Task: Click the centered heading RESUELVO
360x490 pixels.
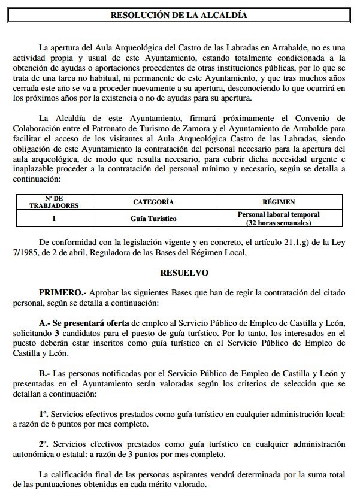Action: [x=184, y=273]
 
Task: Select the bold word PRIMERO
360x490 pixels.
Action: [x=62, y=292]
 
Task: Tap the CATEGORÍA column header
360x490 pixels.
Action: [x=153, y=202]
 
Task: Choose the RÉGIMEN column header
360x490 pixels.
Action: [x=279, y=202]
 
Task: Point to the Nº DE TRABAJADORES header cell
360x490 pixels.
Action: [x=53, y=202]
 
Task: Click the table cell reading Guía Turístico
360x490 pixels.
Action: [x=153, y=219]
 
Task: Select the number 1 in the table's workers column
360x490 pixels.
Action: [x=53, y=219]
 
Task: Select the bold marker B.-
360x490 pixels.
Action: [x=46, y=374]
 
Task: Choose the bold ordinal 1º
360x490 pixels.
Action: [x=44, y=414]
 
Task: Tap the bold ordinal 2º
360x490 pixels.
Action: [x=44, y=444]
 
